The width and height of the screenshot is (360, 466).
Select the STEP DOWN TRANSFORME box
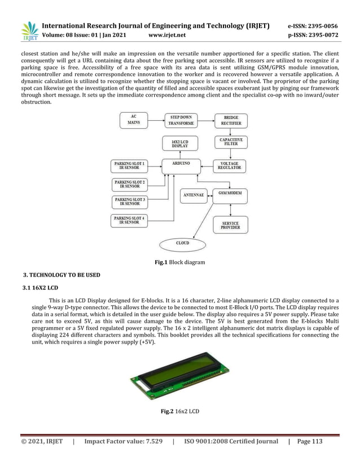pyautogui.click(x=180, y=120)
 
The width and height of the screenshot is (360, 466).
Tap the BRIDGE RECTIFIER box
pyautogui.click(x=231, y=120)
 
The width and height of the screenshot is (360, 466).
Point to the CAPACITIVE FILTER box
pyautogui.click(x=231, y=143)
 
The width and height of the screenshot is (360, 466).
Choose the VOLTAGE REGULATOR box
pyautogui.click(x=231, y=166)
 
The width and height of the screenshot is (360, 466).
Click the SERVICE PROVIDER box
pyautogui.click(x=231, y=225)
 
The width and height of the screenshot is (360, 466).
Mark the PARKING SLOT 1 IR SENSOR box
pyautogui.click(x=130, y=166)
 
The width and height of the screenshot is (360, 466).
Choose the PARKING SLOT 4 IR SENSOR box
pyautogui.click(x=130, y=220)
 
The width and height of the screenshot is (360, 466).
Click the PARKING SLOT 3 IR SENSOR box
pyautogui.click(x=130, y=202)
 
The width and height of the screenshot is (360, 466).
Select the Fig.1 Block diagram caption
pyautogui.click(x=180, y=262)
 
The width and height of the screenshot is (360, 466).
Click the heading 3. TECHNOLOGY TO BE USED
pyautogui.click(x=61, y=275)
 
